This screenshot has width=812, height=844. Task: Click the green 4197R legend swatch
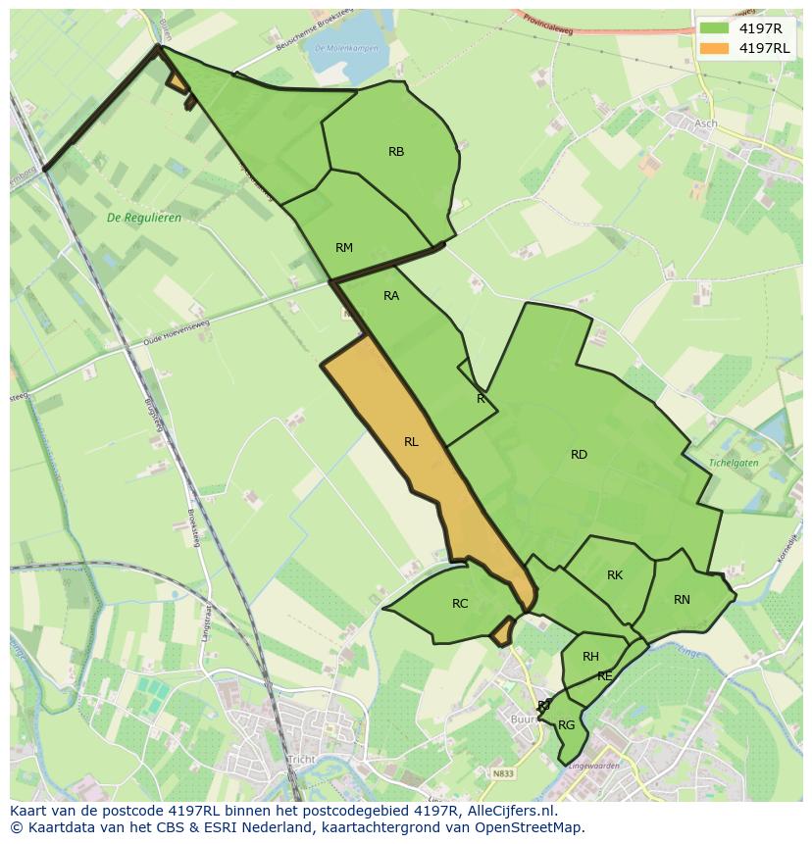(714, 28)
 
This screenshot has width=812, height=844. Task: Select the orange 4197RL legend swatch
(714, 48)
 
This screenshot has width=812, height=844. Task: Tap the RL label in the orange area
(411, 442)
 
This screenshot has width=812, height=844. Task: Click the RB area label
(396, 152)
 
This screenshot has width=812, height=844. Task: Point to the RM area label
(343, 248)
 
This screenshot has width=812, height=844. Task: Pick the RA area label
(391, 296)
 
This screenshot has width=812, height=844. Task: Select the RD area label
(579, 455)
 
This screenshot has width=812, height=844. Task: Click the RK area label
(615, 575)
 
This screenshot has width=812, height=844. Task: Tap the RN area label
(682, 600)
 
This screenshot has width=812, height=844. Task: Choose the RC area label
(460, 604)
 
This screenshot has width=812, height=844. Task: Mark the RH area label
(590, 657)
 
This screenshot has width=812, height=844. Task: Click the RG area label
(566, 725)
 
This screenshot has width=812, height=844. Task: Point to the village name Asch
(705, 124)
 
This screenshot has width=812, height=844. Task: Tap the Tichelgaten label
(735, 462)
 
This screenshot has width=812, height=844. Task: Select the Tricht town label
(301, 761)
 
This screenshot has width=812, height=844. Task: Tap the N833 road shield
(503, 773)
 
